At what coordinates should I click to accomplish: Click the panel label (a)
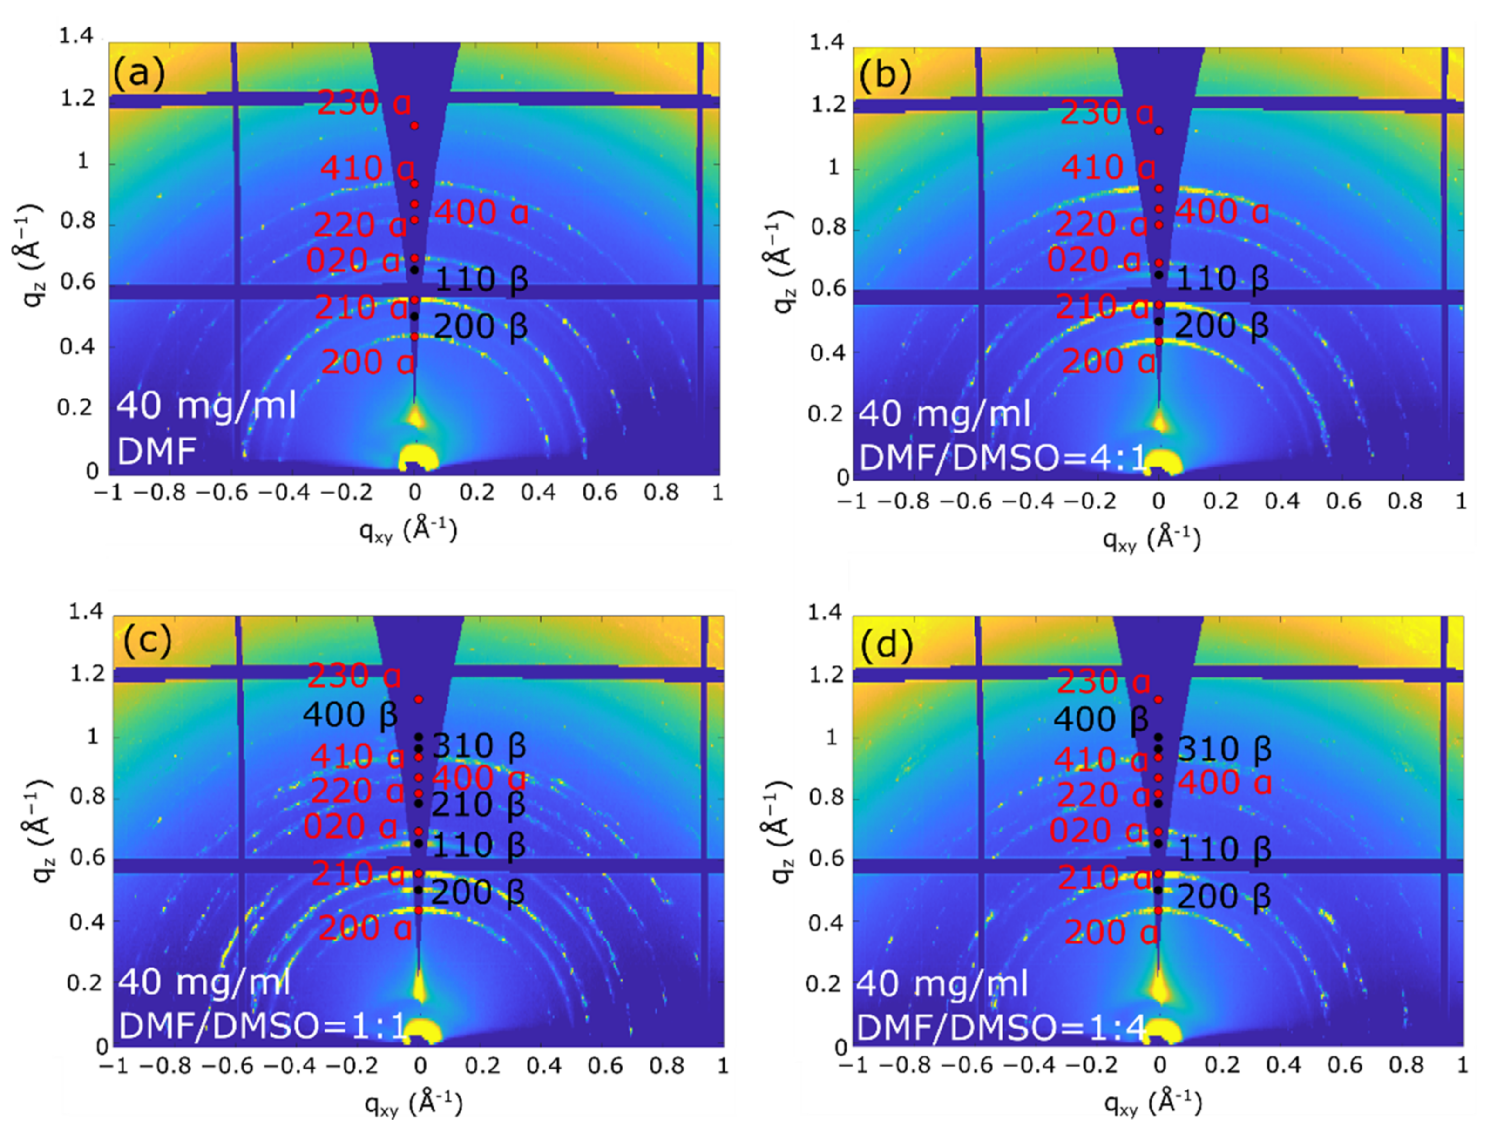pos(138,73)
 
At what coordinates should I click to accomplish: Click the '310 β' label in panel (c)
pos(479,746)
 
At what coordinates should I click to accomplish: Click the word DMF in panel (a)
pos(156,452)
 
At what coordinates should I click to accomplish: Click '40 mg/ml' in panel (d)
pos(942,983)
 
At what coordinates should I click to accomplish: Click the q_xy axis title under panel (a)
pos(408,529)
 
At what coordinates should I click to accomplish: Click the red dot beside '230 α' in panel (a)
pos(414,126)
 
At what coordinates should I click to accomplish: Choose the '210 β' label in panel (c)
pos(479,805)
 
